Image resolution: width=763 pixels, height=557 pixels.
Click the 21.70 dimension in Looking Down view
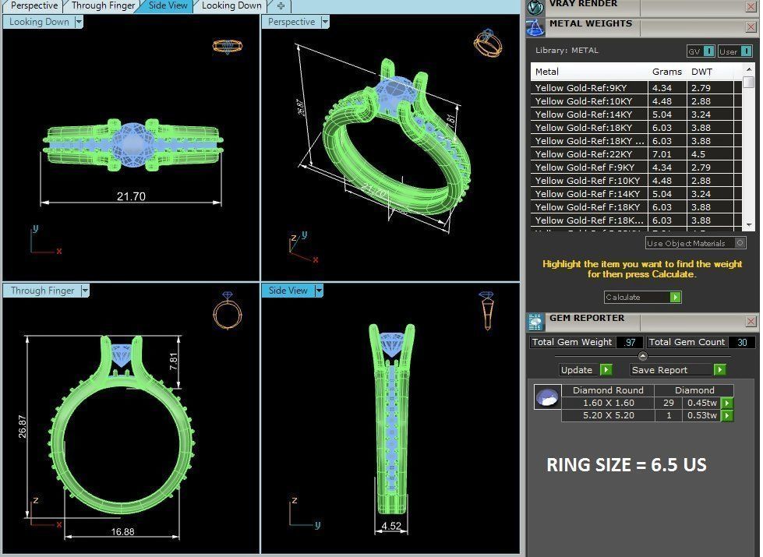click(x=131, y=196)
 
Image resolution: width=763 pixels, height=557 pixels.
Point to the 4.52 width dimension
click(x=391, y=526)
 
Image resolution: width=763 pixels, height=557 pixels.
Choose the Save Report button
click(x=678, y=370)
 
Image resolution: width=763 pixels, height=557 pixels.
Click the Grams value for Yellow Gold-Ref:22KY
click(x=662, y=154)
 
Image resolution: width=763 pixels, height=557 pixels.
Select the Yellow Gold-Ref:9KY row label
click(x=581, y=88)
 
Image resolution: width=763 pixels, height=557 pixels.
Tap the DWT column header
click(x=701, y=72)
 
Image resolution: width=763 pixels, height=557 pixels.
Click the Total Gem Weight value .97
click(x=630, y=342)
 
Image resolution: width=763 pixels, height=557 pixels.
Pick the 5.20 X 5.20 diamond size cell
click(x=608, y=415)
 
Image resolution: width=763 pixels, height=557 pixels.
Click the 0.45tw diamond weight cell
click(x=700, y=403)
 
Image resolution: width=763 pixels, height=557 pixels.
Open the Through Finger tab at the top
click(x=103, y=5)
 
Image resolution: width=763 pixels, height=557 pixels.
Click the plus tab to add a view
click(x=281, y=5)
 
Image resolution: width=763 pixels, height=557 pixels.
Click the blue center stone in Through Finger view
click(x=122, y=355)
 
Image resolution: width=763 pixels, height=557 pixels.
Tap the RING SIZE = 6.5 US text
click(x=626, y=466)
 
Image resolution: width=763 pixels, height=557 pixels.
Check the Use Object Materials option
click(x=739, y=243)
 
